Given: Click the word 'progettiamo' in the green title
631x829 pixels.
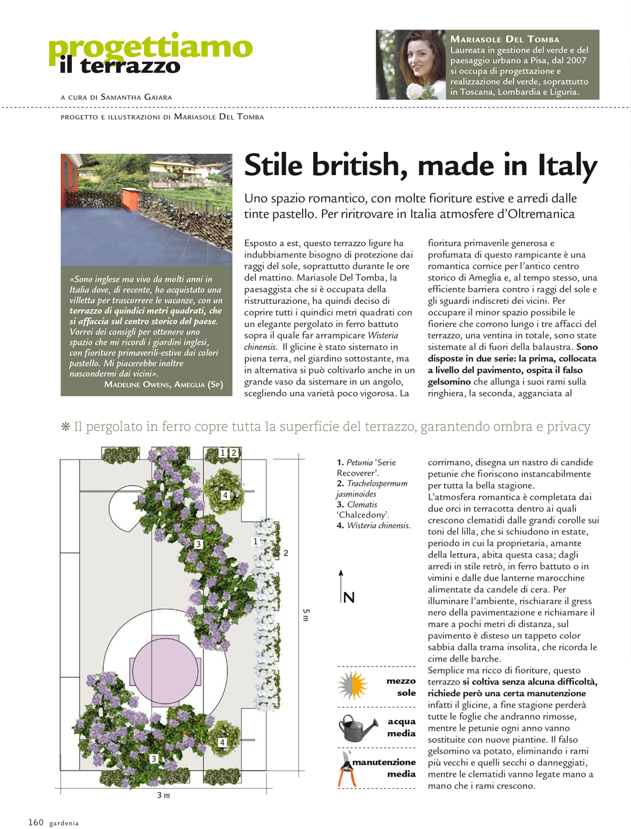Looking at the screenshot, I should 150,48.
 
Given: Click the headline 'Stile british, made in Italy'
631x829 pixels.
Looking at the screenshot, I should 420,165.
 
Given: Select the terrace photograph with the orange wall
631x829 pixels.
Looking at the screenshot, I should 146,209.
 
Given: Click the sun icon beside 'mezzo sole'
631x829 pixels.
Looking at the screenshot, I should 353,685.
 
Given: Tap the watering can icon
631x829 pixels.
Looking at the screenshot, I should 357,728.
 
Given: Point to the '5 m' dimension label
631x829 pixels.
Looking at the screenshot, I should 306,615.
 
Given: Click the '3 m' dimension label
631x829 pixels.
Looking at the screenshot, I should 164,795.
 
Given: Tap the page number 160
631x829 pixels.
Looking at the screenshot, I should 36,822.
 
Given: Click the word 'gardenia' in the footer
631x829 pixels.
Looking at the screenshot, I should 64,823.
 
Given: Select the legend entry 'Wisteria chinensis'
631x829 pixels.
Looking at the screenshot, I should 374,525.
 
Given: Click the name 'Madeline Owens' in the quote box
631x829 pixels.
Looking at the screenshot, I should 137,384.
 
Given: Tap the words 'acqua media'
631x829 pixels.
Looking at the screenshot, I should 401,727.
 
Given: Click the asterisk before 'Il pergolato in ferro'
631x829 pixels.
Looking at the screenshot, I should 65,426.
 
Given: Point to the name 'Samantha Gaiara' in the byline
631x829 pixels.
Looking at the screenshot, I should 136,97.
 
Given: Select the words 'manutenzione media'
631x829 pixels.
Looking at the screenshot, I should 384,768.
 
